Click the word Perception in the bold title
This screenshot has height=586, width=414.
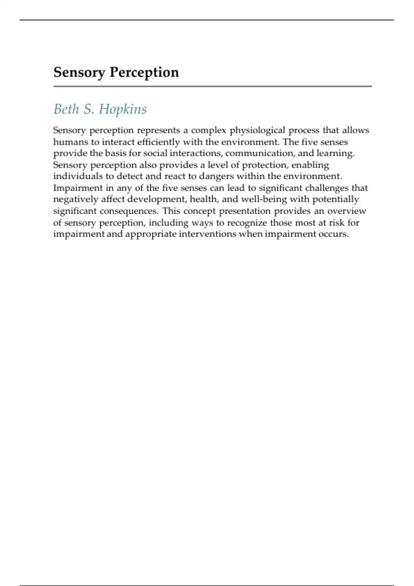144,72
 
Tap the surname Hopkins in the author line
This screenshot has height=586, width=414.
123,109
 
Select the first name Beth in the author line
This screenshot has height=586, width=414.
66,109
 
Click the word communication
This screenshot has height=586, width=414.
259,153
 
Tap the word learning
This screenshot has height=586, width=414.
335,153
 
